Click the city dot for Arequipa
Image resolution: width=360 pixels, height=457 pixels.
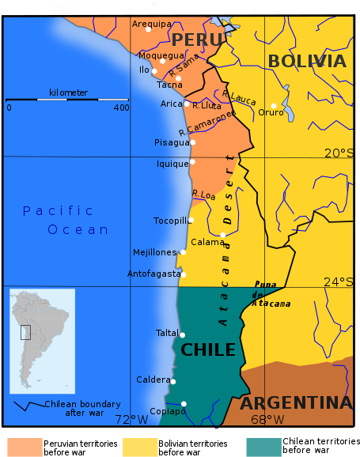149,30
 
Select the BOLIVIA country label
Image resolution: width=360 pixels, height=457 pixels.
306,62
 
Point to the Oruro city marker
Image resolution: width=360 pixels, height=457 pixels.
274,105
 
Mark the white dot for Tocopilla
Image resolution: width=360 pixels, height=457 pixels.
191,220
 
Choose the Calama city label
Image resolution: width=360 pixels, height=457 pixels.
208,242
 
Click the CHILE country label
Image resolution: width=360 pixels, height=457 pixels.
208,349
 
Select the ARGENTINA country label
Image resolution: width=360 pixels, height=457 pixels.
295,402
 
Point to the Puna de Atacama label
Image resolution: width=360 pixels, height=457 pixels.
271,293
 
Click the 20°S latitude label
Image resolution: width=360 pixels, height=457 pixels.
339,153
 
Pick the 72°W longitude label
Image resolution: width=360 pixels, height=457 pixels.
131,420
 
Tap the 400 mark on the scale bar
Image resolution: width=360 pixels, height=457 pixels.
121,108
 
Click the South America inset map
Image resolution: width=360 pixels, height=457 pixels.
42,341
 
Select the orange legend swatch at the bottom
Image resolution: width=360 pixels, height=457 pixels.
25,448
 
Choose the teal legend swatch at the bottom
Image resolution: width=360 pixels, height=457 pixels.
263,448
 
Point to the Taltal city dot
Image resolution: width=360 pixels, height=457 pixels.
182,334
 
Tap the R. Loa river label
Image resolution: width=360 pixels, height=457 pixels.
204,193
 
